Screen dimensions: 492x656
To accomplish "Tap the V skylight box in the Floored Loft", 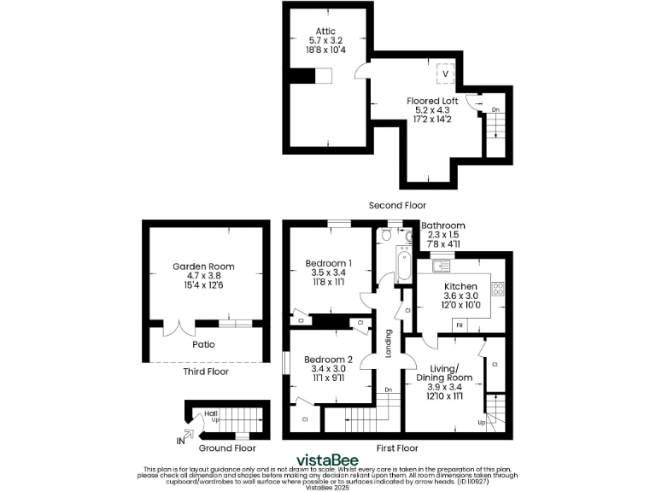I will coord(443,74).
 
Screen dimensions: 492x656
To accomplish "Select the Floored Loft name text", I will coord(432,101).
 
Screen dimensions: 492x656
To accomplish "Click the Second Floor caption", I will coord(397,205).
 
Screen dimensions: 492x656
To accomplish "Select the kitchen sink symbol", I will coord(441,266).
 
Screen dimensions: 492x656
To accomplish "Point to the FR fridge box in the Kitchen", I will coord(459,326).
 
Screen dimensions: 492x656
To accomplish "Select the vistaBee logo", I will coord(327,460).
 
